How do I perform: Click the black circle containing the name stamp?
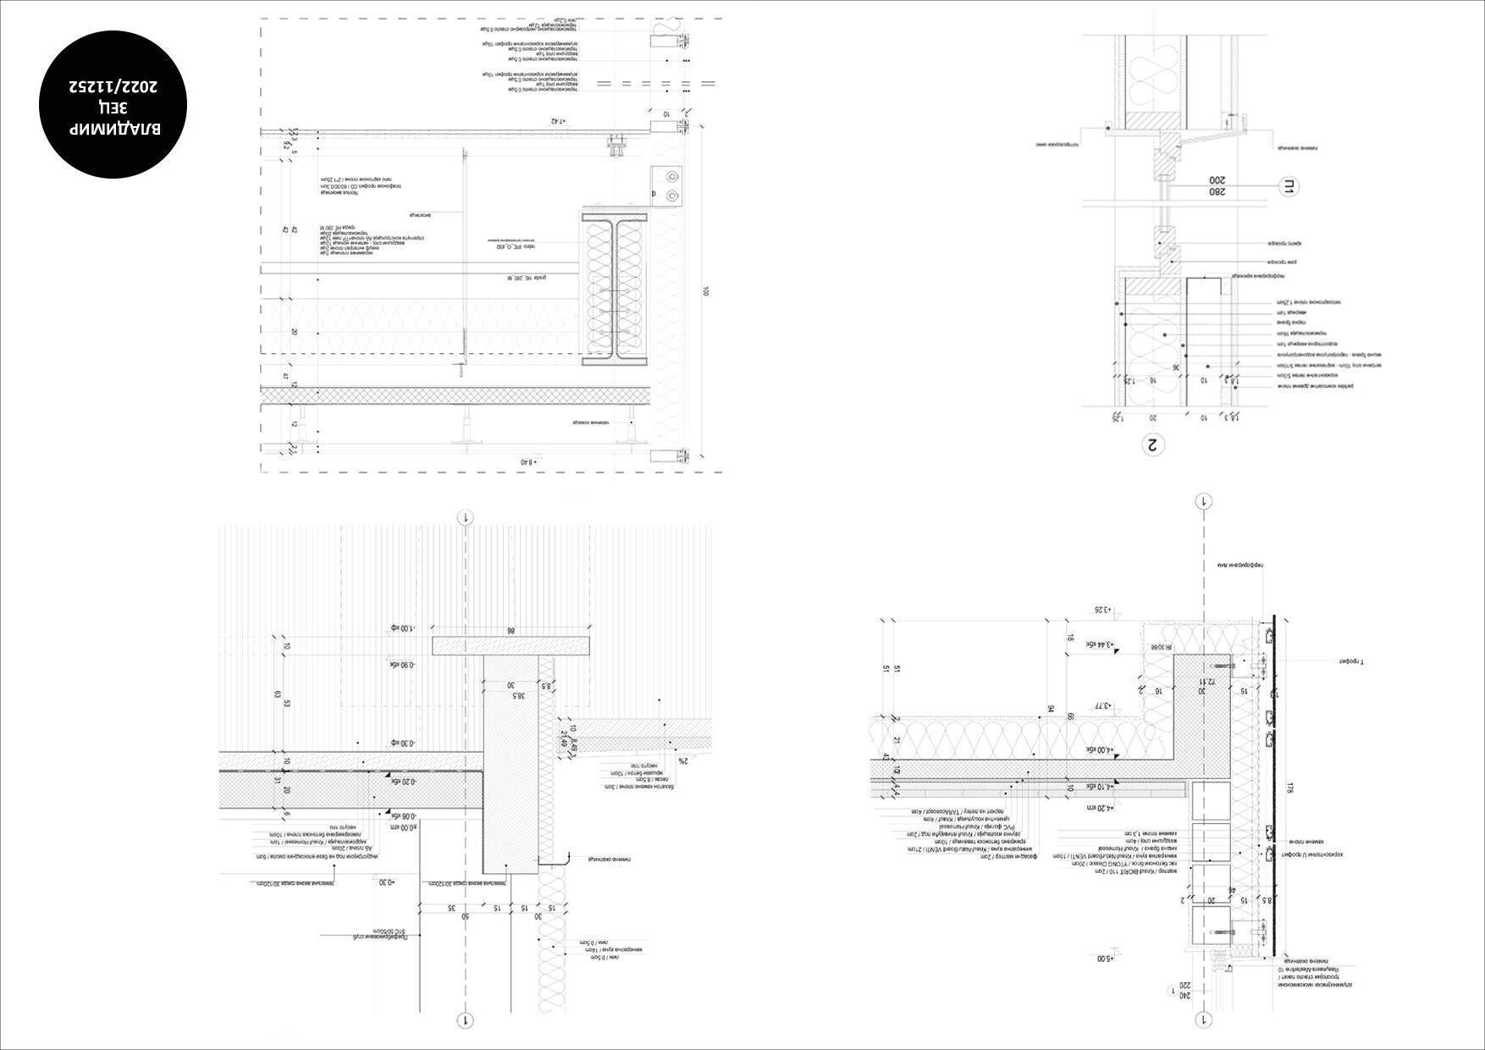coord(113,105)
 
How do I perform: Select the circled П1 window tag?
coord(1287,186)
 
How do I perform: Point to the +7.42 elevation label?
coord(556,121)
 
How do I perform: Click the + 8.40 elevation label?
coord(528,461)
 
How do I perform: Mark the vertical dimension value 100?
coord(705,291)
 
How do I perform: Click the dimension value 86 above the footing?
coord(510,631)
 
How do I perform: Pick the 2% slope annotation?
coord(683,760)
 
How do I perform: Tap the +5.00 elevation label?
coord(1105,959)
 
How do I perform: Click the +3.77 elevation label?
coord(1101,705)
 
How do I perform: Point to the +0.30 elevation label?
coord(387,882)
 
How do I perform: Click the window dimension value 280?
coord(1217,192)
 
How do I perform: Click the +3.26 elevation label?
coord(1101,609)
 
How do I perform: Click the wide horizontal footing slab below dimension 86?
coord(510,646)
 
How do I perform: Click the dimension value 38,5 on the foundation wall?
coord(518,694)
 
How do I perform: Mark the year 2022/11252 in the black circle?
coord(113,86)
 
